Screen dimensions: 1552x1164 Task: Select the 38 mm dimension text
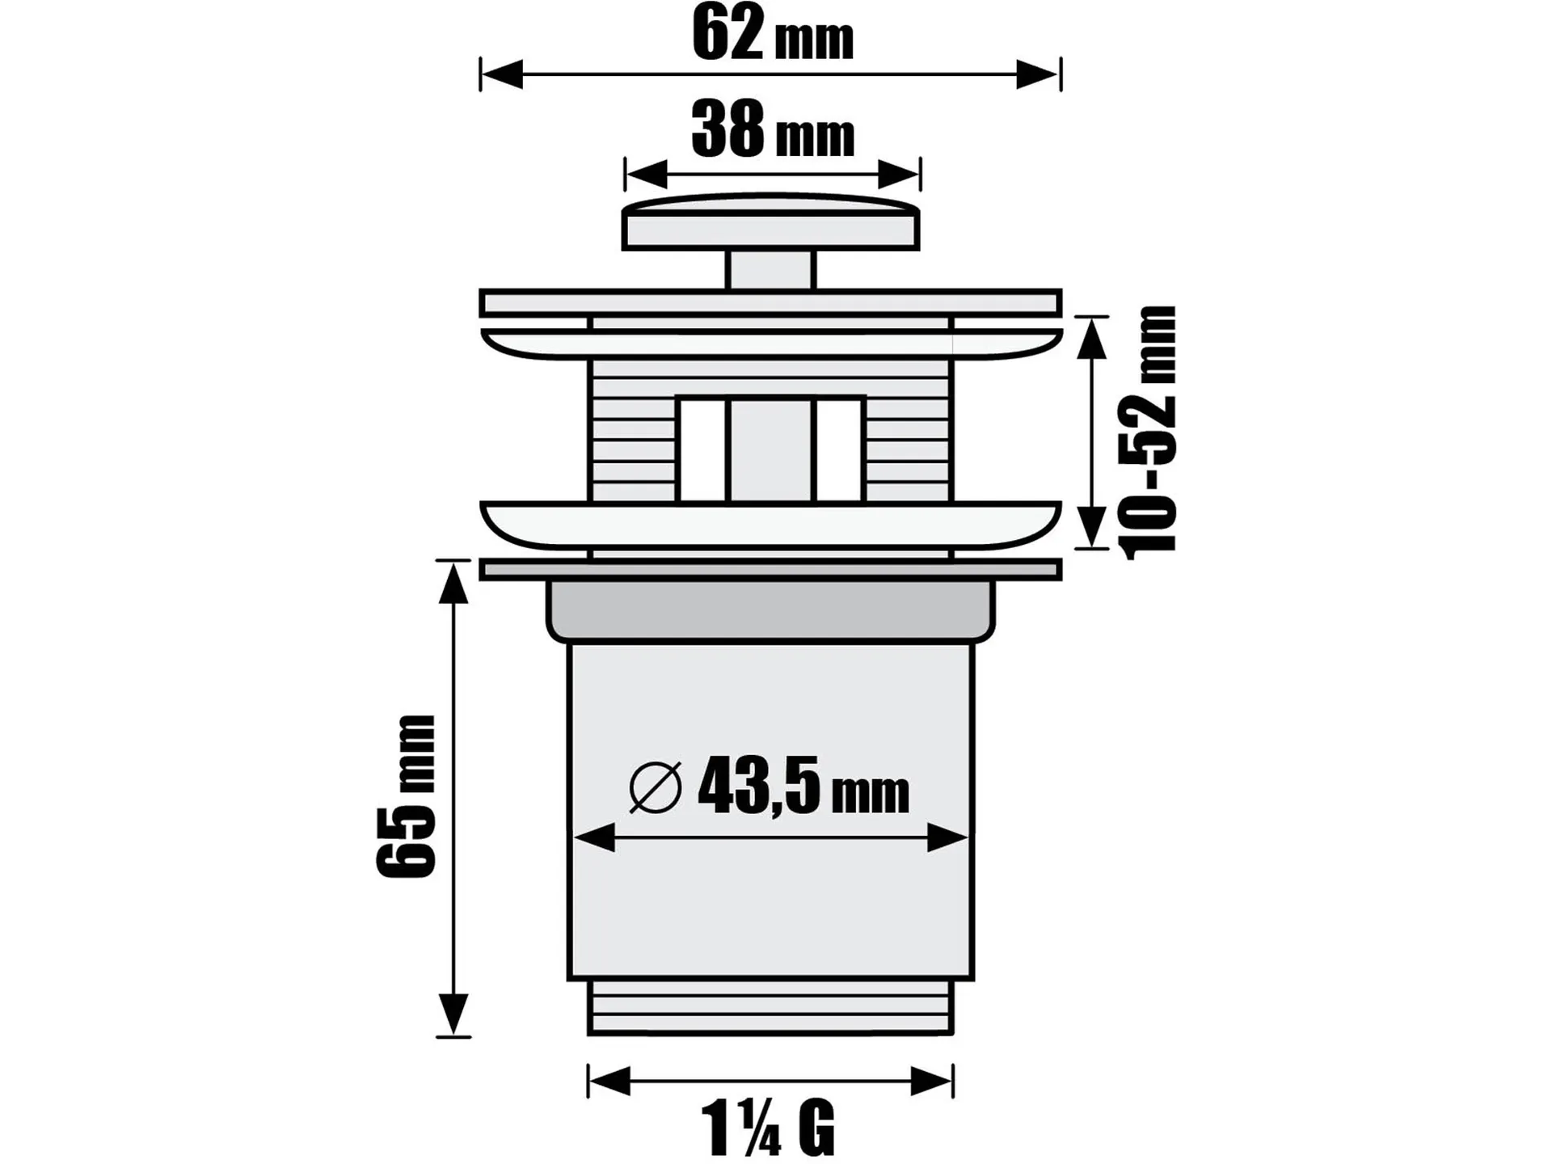tap(773, 130)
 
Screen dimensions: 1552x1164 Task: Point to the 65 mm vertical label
tap(406, 796)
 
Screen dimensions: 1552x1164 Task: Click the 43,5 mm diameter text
tap(803, 785)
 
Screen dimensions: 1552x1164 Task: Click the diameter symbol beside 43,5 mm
tap(655, 787)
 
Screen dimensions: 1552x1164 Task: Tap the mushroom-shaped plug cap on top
tap(771, 221)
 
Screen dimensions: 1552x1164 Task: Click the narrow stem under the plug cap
tap(771, 270)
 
